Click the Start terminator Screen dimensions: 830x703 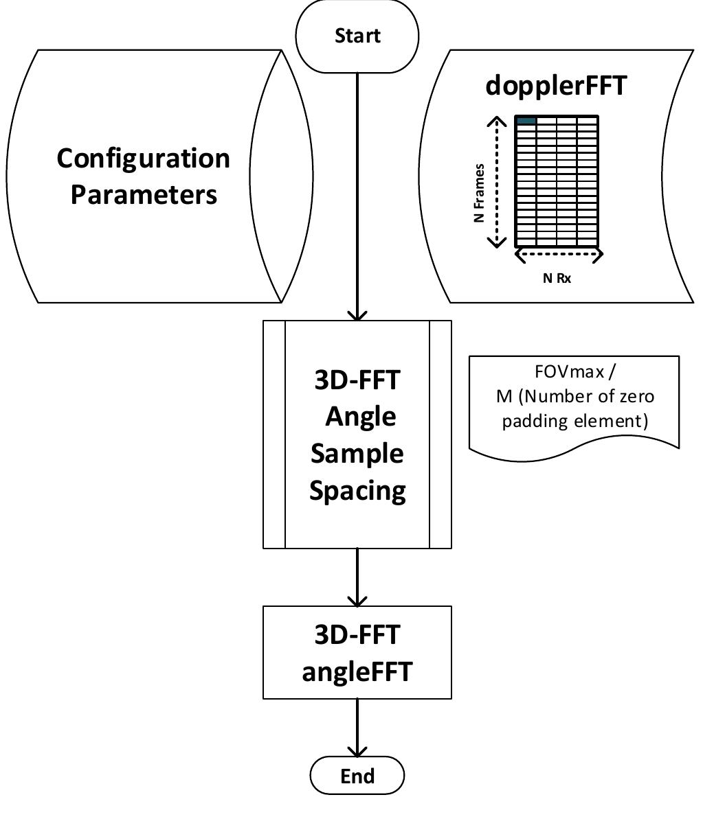tap(357, 36)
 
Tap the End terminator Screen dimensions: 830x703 tap(357, 776)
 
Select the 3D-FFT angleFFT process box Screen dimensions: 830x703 tap(357, 652)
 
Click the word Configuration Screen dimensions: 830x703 tap(143, 159)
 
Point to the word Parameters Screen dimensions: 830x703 tap(143, 194)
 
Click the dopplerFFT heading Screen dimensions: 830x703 tap(556, 86)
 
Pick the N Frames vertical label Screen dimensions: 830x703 tap(480, 193)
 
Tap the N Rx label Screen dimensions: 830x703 tap(557, 278)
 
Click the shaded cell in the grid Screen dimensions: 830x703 tap(526, 121)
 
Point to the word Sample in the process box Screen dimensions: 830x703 tap(357, 454)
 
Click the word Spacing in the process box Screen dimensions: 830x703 tap(357, 490)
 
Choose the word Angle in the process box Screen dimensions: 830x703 tap(360, 416)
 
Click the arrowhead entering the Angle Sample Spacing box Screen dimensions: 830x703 tap(357, 316)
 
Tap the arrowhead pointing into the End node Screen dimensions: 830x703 tap(357, 752)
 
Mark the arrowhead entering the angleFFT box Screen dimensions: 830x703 tap(357, 601)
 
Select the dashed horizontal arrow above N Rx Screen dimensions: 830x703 tap(559, 255)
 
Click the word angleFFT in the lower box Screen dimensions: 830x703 tap(357, 671)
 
